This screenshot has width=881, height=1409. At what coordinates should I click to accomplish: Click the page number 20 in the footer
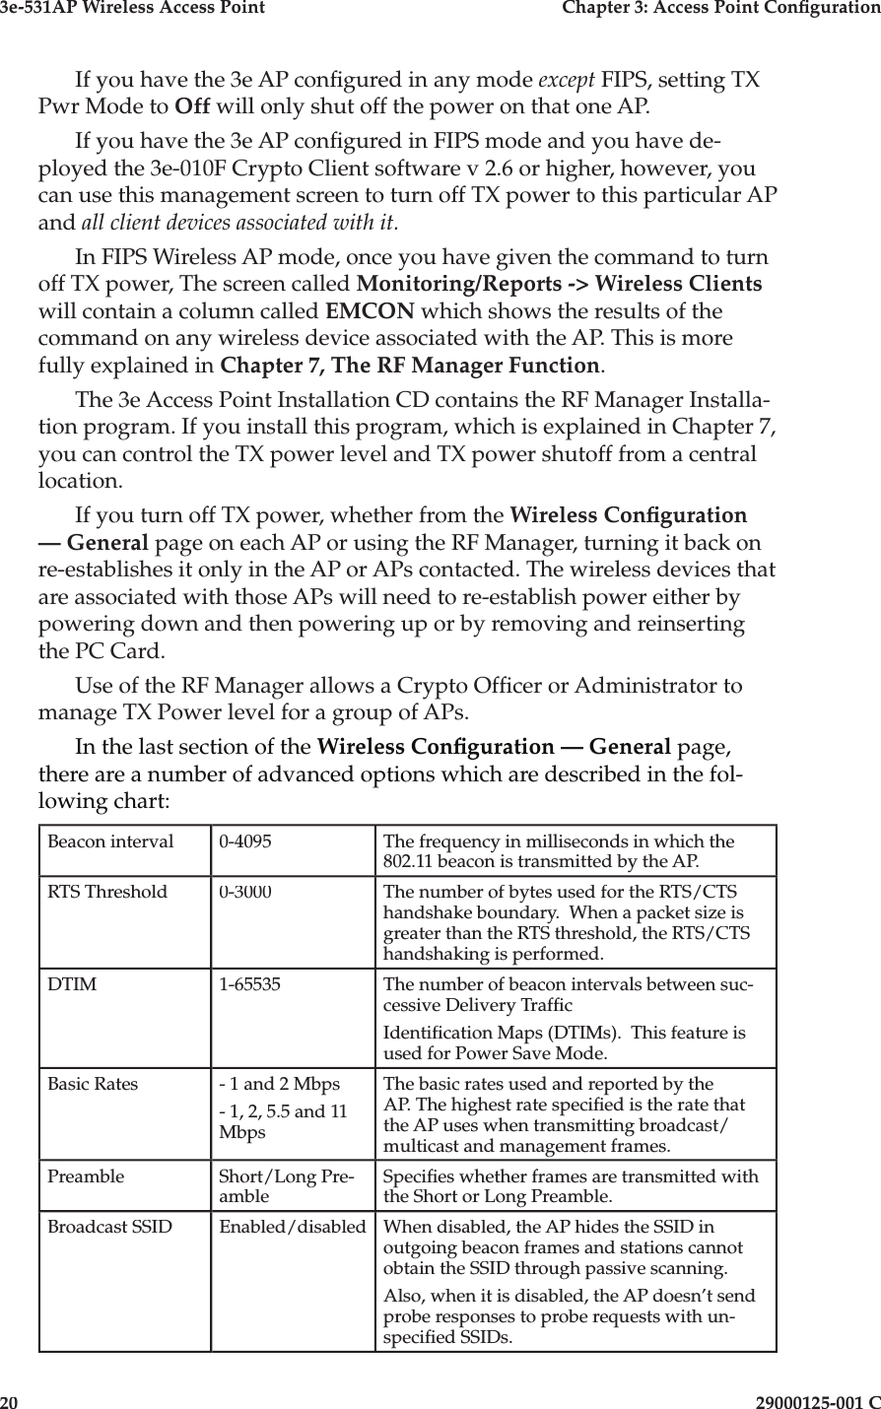click(10, 1400)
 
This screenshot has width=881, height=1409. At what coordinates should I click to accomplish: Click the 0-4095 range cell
click(246, 842)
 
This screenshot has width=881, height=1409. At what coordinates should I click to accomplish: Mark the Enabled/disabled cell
click(292, 1228)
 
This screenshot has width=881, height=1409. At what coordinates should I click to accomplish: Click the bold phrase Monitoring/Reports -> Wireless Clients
click(559, 285)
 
